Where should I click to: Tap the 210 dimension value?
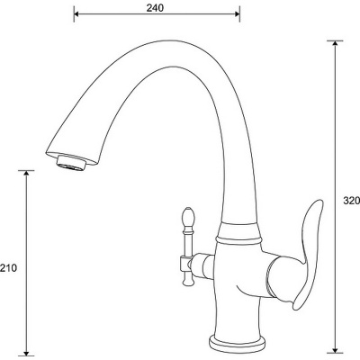[8, 268]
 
